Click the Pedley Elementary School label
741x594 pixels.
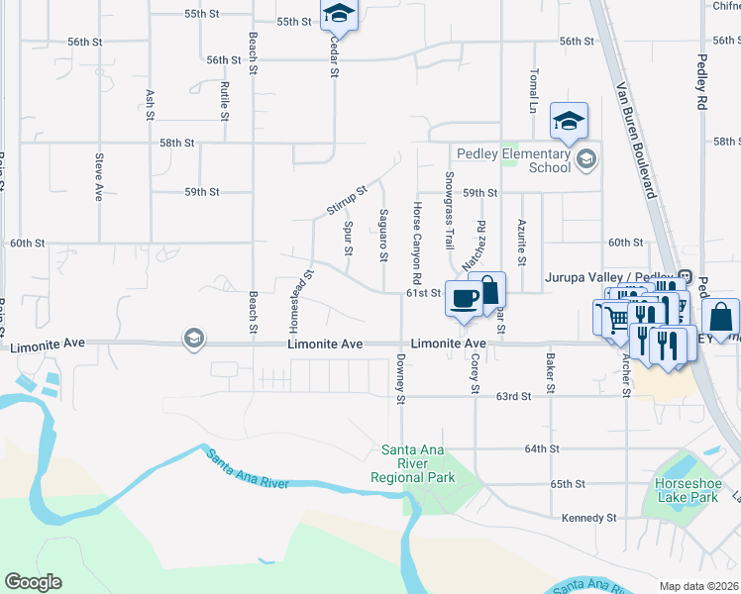513,160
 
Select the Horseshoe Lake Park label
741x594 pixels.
686,490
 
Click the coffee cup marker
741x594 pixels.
463,297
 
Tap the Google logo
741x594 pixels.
33,582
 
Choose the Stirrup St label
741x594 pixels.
347,201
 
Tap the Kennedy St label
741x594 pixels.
589,518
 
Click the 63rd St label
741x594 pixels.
514,396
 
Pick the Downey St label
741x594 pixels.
401,379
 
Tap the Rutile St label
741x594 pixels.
225,101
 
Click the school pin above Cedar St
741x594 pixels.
339,14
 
